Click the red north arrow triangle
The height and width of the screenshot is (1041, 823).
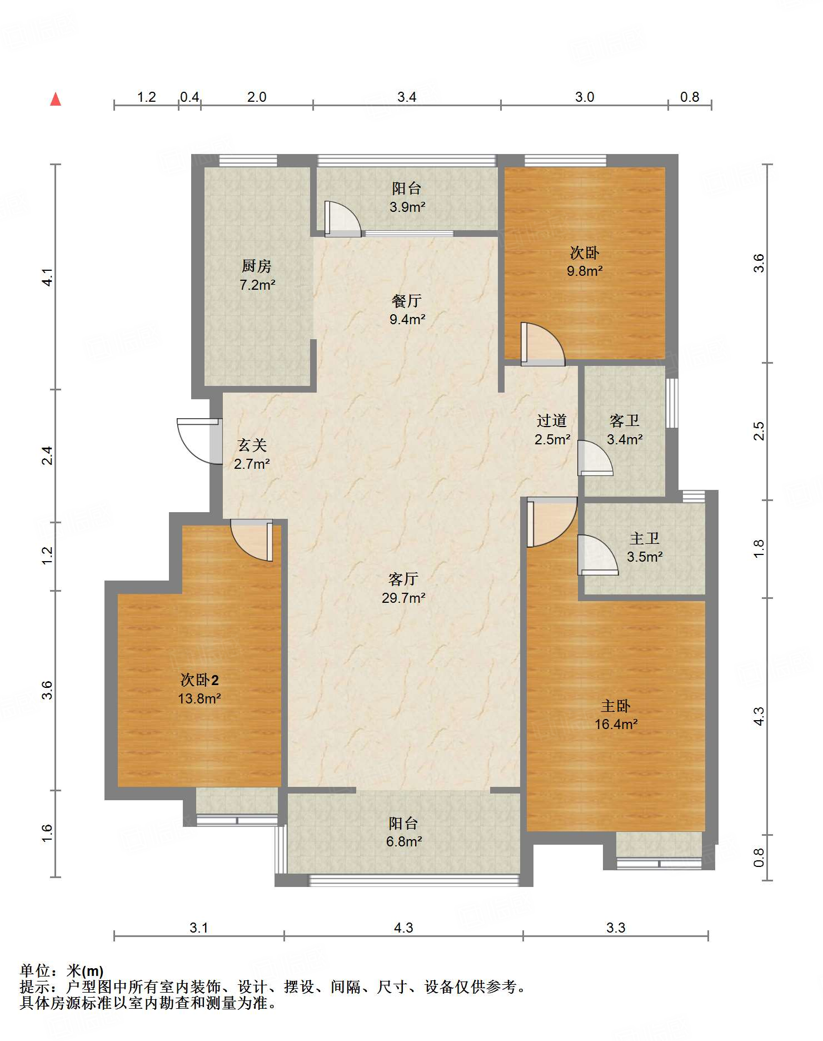coord(56,99)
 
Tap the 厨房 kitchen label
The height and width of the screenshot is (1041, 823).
coord(257,266)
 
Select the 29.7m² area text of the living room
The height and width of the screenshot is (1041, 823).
coord(403,598)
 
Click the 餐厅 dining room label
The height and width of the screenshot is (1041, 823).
coord(407,301)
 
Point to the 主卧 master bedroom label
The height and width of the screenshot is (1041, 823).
coord(616,706)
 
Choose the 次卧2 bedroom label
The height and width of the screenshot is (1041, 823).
coord(199,680)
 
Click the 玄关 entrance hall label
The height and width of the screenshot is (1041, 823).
coord(252,445)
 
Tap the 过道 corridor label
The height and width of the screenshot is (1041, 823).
coord(552,420)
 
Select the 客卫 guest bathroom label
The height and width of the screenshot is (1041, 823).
coord(625,420)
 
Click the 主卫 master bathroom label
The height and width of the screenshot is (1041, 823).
coord(645,538)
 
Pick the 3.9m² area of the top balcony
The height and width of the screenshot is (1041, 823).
coord(407,207)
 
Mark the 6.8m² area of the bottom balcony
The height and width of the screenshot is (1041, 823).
coord(404,841)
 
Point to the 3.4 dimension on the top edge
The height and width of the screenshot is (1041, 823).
coord(407,97)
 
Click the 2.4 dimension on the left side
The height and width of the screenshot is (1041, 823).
coord(48,455)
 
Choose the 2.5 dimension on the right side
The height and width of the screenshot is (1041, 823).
coord(759,431)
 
